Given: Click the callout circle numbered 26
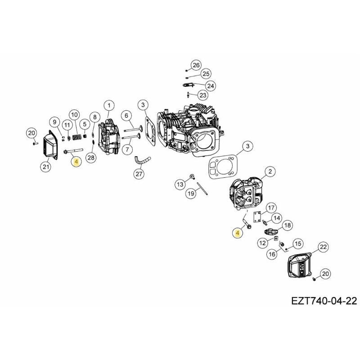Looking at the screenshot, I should [195, 65].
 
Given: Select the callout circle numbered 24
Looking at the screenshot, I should [210, 85].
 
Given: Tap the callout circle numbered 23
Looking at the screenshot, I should [203, 95].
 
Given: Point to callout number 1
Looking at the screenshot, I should [108, 106].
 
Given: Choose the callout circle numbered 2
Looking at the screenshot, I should [270, 171].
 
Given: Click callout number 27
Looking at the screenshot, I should [139, 174].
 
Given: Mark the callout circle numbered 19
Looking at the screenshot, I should [191, 193].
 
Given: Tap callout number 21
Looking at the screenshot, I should [45, 167].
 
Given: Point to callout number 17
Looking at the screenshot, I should [271, 207].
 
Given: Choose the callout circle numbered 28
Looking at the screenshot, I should [91, 157].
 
